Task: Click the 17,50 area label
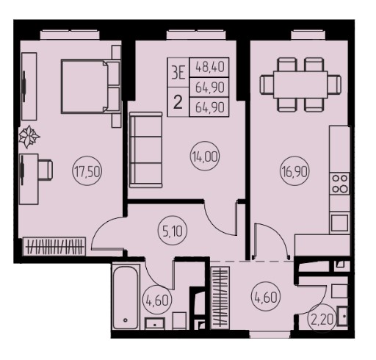[87, 172]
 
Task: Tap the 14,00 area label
[205, 156]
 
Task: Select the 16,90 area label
[294, 172]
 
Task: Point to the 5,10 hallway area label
[173, 231]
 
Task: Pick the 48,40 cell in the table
[209, 67]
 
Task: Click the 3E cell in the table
[178, 73]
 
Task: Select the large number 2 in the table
[178, 102]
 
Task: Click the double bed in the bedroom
[90, 86]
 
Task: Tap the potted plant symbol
[29, 137]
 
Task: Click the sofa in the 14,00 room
[146, 150]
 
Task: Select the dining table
[300, 84]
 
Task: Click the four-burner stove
[340, 184]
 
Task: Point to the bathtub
[126, 298]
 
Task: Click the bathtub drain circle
[126, 320]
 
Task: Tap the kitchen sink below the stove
[339, 223]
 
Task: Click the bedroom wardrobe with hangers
[54, 246]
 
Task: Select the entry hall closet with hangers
[220, 298]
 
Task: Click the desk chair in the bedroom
[46, 169]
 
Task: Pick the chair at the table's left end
[267, 84]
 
